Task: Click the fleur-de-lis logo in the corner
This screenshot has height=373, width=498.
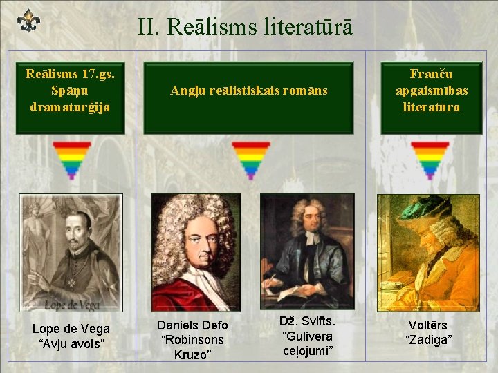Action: pyautogui.click(x=28, y=21)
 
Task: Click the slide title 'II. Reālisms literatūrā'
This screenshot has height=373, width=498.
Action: pyautogui.click(x=245, y=27)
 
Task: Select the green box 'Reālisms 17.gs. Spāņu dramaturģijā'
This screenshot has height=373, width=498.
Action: pyautogui.click(x=71, y=90)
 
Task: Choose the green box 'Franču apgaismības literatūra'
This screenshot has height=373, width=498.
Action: pyautogui.click(x=432, y=90)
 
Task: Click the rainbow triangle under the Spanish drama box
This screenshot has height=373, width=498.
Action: pyautogui.click(x=71, y=160)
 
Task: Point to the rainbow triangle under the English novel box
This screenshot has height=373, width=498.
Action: pyautogui.click(x=250, y=160)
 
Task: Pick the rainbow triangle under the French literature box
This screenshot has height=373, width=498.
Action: pyautogui.click(x=430, y=160)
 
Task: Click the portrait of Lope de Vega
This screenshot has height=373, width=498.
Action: pyautogui.click(x=71, y=252)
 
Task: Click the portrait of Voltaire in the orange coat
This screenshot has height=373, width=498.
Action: pyautogui.click(x=428, y=252)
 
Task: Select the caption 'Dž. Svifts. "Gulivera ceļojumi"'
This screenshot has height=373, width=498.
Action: pyautogui.click(x=308, y=336)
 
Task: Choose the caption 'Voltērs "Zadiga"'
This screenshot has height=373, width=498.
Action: pyautogui.click(x=429, y=332)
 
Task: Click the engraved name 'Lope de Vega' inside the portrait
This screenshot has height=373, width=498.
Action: pyautogui.click(x=72, y=304)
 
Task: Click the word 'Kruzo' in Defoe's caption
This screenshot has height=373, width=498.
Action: pyautogui.click(x=192, y=355)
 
